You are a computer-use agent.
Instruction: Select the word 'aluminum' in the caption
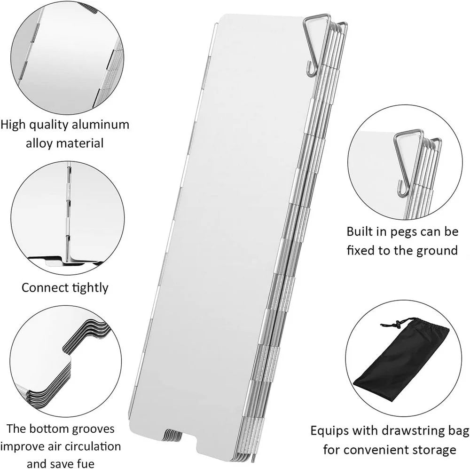[101, 125]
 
